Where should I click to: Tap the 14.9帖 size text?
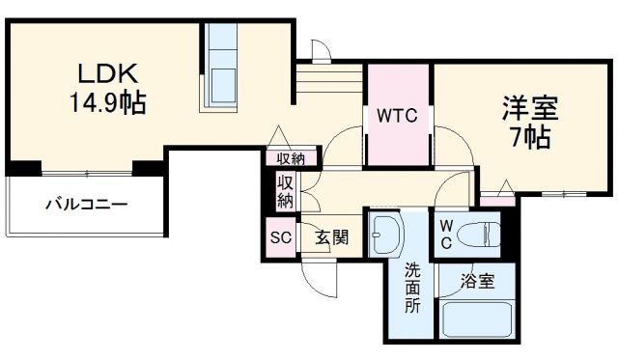pyautogui.click(x=107, y=101)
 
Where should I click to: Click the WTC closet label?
pyautogui.click(x=396, y=117)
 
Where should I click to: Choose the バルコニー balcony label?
pyautogui.click(x=87, y=205)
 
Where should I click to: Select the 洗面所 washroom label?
pyautogui.click(x=412, y=288)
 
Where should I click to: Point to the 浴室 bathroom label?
pyautogui.click(x=477, y=282)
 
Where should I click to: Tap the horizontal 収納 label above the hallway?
pyautogui.click(x=291, y=159)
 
